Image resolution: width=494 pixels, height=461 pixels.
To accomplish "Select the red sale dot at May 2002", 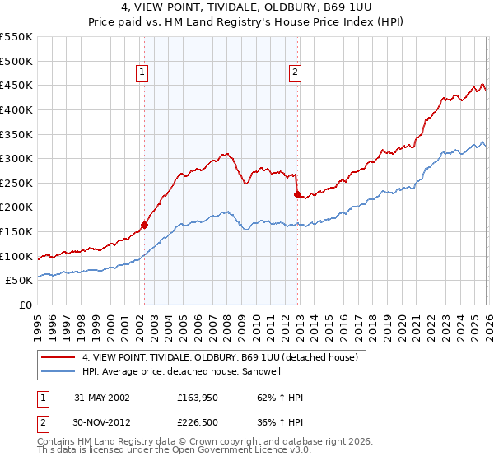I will [144, 225].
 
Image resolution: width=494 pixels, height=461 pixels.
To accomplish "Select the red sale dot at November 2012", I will [298, 194].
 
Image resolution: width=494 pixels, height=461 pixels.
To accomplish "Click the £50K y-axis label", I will [20, 280].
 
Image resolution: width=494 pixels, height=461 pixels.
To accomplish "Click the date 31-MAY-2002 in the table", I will [101, 398].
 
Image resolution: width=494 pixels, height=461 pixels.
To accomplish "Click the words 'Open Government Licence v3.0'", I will [235, 452].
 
